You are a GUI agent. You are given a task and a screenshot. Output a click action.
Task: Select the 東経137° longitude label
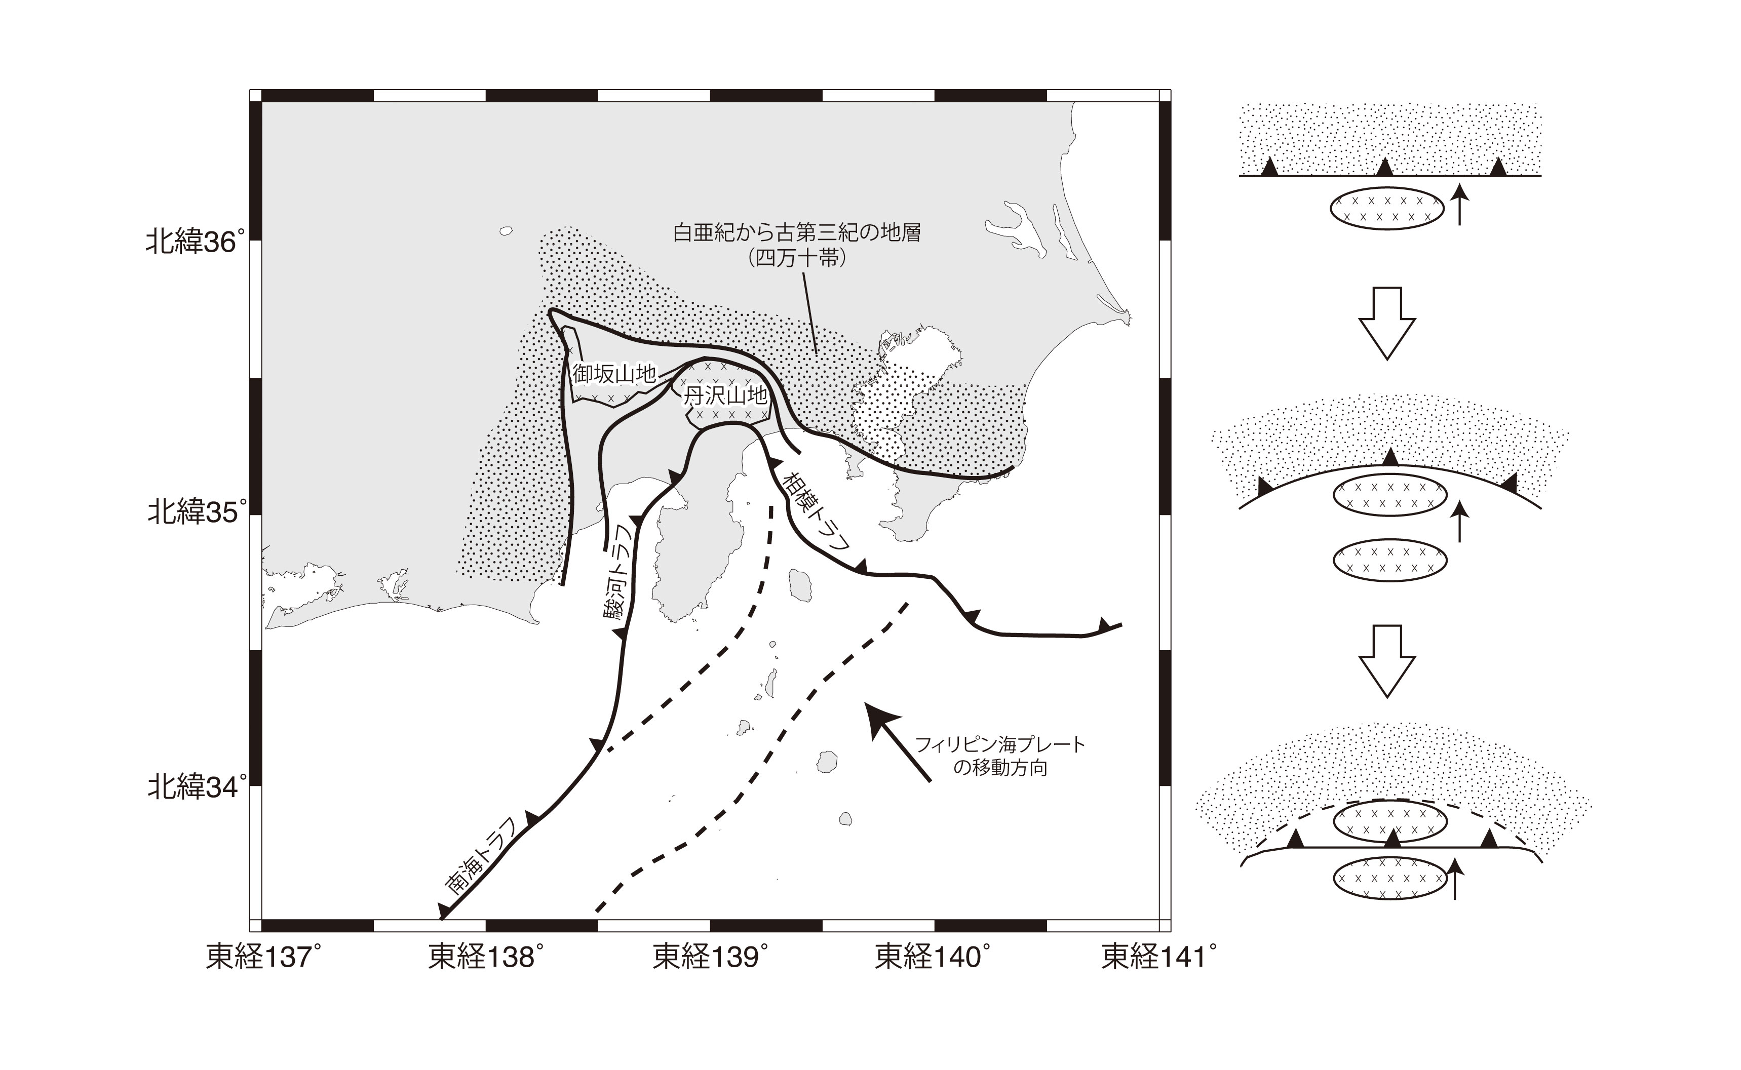coord(259,958)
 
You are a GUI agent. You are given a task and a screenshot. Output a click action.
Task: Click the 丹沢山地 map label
coord(725,395)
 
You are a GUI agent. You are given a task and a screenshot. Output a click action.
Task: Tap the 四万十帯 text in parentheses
coord(797,258)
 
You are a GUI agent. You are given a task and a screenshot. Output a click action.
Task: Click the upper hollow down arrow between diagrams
coord(1386,323)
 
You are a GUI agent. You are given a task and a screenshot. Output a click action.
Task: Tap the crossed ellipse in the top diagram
coord(1386,209)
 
